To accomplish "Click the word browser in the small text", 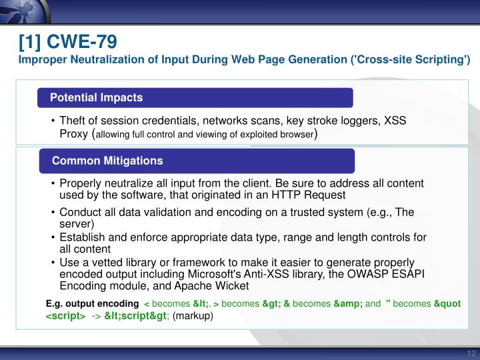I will (x=294, y=135).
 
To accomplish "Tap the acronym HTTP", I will (x=267, y=195).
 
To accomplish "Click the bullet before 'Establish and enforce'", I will (x=53, y=237).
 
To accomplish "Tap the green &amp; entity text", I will (x=348, y=304).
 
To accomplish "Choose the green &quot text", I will (x=447, y=304).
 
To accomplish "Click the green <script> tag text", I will (x=65, y=316).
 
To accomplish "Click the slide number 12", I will (x=471, y=353).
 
